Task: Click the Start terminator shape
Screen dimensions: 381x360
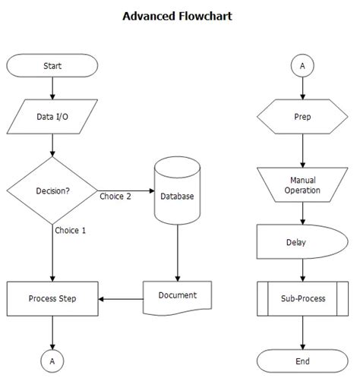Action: click(x=52, y=65)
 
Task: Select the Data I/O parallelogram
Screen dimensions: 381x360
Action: click(x=52, y=118)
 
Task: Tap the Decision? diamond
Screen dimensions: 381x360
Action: click(x=52, y=190)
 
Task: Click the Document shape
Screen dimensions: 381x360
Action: click(x=177, y=296)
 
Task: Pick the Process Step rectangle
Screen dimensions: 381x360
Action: click(x=52, y=298)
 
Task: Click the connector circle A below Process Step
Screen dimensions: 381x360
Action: click(x=52, y=361)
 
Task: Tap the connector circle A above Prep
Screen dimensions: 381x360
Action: click(x=302, y=66)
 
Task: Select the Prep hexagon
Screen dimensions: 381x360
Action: click(x=302, y=118)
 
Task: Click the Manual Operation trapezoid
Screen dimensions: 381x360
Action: click(x=302, y=185)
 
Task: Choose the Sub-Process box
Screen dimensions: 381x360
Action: click(x=302, y=298)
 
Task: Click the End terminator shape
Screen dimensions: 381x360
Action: click(x=302, y=361)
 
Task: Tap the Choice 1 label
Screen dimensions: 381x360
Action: click(x=70, y=230)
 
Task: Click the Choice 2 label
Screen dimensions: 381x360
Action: click(x=115, y=196)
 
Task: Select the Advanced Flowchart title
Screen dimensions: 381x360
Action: click(x=177, y=15)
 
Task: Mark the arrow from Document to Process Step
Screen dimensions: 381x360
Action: click(x=122, y=298)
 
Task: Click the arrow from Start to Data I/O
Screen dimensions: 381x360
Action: click(x=52, y=90)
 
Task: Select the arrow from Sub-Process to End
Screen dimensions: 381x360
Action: click(x=302, y=332)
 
